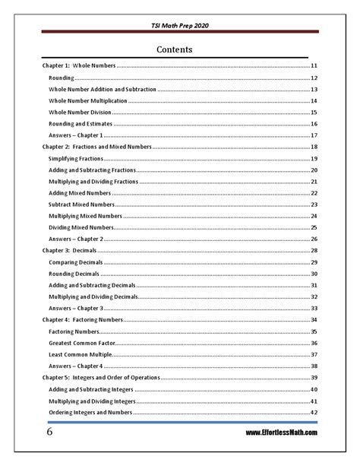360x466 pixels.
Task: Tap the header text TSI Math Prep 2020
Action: tap(180, 26)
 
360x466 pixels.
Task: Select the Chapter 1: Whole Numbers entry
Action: tap(78, 67)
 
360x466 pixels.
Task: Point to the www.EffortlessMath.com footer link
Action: tap(281, 433)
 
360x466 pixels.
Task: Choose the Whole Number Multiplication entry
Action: tap(87, 101)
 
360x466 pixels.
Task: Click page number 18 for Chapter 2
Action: tap(313, 146)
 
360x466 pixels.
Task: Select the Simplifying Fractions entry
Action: tap(75, 158)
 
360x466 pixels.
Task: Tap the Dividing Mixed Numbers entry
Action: tap(82, 227)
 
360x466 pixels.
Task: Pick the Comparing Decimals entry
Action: tap(75, 262)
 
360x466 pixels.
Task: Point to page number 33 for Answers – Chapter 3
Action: tap(313, 308)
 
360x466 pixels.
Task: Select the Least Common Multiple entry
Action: tap(80, 354)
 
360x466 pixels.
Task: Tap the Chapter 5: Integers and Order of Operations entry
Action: tap(101, 378)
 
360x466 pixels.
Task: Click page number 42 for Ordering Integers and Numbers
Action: tap(313, 412)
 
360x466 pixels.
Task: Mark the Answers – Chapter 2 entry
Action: tap(76, 239)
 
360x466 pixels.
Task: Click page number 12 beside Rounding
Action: tap(313, 78)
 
